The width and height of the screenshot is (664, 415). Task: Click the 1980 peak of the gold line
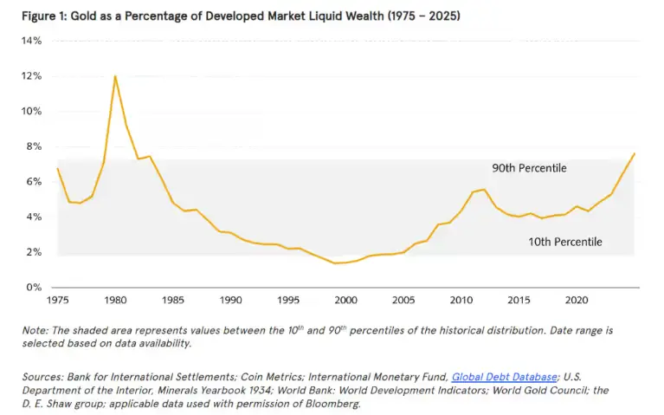(x=115, y=76)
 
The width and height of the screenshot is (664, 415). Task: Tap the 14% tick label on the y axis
(x=31, y=41)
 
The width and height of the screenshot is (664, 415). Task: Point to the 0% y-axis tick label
(x=34, y=288)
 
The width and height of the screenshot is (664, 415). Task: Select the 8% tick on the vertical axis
(x=34, y=146)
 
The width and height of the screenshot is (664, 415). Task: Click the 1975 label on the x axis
(x=58, y=300)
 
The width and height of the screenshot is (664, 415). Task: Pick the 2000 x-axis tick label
(x=346, y=300)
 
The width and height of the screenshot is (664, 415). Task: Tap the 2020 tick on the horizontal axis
(x=577, y=300)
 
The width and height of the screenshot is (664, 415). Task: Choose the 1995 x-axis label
(x=288, y=300)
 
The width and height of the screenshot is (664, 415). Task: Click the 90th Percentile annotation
(x=529, y=168)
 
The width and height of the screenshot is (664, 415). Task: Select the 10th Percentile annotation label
(x=565, y=242)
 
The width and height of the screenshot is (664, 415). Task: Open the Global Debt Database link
(x=505, y=377)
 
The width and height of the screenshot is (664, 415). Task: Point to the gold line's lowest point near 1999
(x=335, y=263)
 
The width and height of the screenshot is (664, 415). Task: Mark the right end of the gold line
(x=635, y=153)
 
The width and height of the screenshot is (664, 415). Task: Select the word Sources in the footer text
(x=42, y=377)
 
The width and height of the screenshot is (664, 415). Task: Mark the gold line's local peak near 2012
(x=484, y=189)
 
